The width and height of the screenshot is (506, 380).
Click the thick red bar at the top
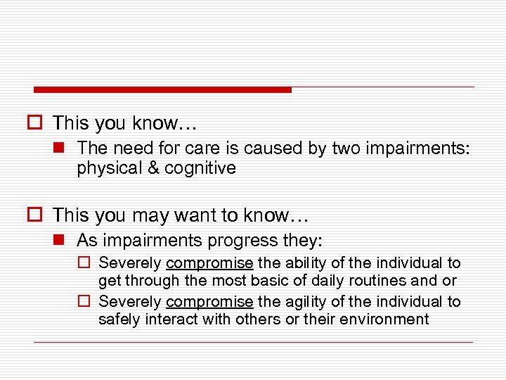[162, 89]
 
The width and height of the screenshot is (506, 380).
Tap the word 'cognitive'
[200, 168]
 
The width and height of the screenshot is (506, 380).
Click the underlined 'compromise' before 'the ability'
[209, 264]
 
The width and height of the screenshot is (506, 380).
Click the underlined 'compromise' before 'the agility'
[209, 302]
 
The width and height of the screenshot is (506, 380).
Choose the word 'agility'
[308, 301]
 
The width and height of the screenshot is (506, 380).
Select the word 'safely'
[121, 319]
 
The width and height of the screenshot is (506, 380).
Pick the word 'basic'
[292, 281]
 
